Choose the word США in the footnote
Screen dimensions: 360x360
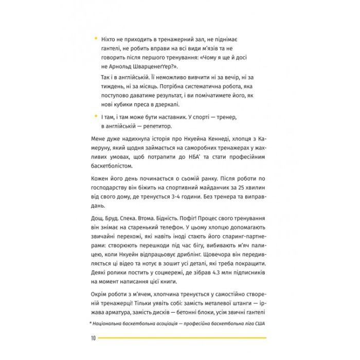(260, 323)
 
